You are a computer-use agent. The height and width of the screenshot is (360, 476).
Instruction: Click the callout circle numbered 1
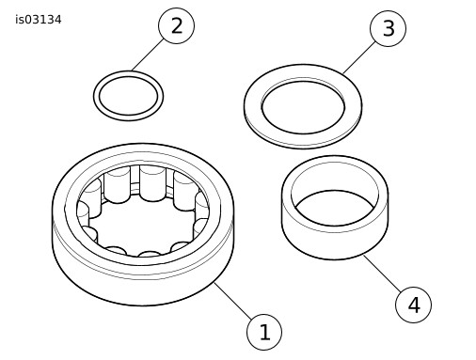tap(264, 332)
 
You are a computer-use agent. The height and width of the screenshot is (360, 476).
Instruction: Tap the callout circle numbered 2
tap(176, 25)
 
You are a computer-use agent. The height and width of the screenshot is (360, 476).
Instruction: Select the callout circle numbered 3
tap(388, 28)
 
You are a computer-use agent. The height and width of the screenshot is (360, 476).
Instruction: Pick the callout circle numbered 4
tap(413, 305)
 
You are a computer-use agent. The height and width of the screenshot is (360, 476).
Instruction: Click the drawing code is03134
tap(39, 20)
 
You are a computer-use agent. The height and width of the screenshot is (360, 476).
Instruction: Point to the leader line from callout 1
tap(233, 301)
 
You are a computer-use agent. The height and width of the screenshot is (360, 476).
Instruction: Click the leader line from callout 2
tap(148, 55)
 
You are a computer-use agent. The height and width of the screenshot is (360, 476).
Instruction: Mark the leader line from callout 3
tap(359, 57)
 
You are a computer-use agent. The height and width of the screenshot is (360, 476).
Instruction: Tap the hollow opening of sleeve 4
tap(335, 207)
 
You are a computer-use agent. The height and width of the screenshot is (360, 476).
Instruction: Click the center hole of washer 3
tap(303, 107)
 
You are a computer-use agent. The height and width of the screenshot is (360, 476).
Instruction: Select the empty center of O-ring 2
tap(128, 96)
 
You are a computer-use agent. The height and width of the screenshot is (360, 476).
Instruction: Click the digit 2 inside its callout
tap(177, 25)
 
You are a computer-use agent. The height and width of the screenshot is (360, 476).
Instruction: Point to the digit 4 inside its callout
tap(414, 305)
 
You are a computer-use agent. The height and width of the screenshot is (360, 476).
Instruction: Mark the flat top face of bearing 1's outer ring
tap(143, 153)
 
